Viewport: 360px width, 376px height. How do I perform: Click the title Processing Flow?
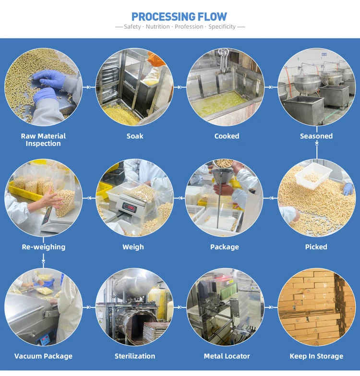[x=180, y=16]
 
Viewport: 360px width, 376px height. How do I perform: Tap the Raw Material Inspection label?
[x=43, y=140]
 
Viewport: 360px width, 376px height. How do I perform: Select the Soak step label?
[x=135, y=136]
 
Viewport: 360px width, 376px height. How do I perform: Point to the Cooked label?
[x=227, y=136]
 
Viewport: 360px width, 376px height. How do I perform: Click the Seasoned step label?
[x=316, y=136]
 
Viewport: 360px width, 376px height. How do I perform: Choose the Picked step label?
[x=316, y=247]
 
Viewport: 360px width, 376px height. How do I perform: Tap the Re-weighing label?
[x=44, y=247]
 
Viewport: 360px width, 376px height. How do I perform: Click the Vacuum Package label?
[x=43, y=356]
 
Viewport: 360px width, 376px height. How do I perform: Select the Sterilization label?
[x=135, y=356]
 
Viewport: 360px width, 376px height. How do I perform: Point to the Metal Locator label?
[x=227, y=356]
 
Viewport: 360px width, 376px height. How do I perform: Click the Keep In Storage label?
[x=316, y=356]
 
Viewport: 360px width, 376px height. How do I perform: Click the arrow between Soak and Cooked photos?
[x=180, y=87]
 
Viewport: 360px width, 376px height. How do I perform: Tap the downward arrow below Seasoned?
[x=317, y=152]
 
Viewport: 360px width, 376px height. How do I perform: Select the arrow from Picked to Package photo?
[x=271, y=198]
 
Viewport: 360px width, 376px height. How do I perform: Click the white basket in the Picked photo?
[x=313, y=175]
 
